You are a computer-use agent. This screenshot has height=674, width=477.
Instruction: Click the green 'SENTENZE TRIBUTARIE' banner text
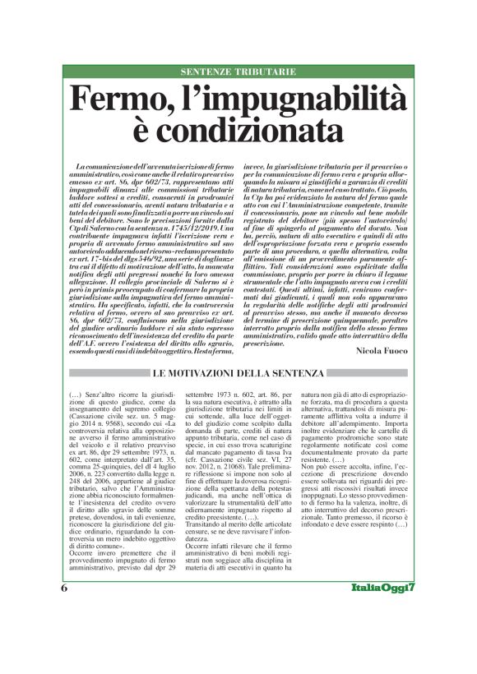click(238, 72)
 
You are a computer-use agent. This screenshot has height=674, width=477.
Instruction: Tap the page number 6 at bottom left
click(64, 635)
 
